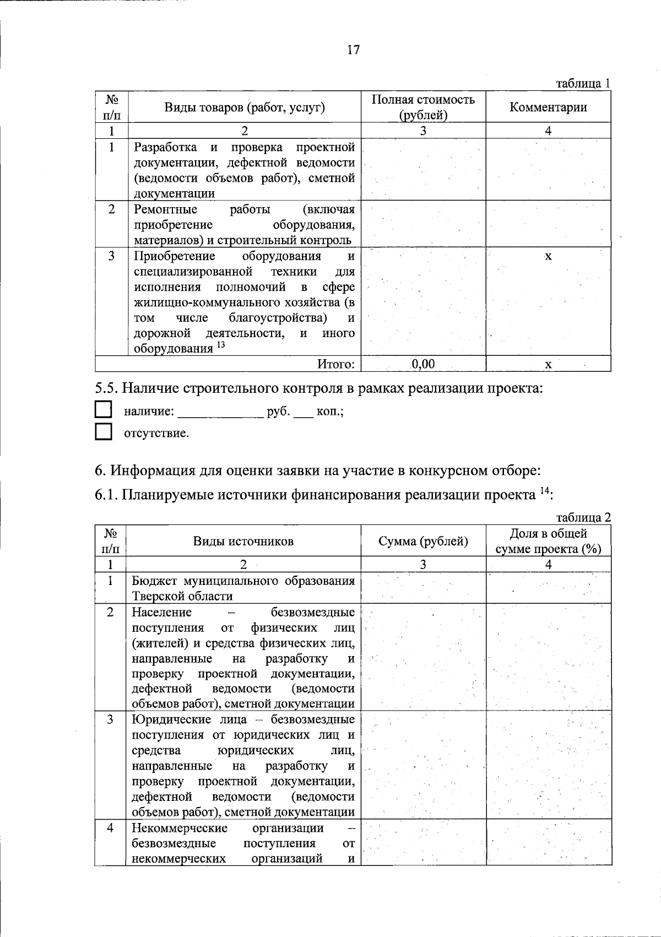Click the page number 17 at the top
[x=353, y=50]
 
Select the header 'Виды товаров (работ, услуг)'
[x=245, y=107]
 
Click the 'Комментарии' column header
[x=548, y=107]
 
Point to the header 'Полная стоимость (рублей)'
[x=423, y=107]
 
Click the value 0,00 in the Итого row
[x=423, y=364]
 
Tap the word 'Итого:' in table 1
[x=335, y=364]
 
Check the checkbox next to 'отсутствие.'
[x=103, y=432]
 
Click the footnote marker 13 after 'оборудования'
[x=221, y=345]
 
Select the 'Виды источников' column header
[x=243, y=541]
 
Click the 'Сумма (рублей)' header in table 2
[x=423, y=541]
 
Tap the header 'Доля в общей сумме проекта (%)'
[x=548, y=541]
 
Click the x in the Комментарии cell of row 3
[x=548, y=257]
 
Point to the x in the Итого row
[x=548, y=365]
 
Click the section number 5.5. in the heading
[x=106, y=388]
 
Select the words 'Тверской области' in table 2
[x=182, y=596]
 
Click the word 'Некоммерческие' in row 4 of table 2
[x=180, y=828]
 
